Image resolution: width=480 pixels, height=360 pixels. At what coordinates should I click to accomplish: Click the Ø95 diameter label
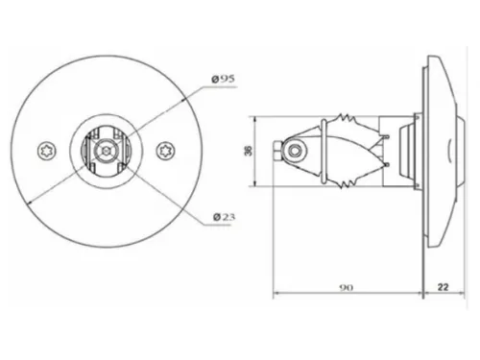[x=224, y=79]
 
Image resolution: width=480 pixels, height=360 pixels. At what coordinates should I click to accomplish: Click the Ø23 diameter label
[x=224, y=217]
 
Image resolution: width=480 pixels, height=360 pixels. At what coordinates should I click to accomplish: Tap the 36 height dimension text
[x=249, y=151]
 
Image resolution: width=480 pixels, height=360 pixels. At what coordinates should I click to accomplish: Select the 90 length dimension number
[x=347, y=288]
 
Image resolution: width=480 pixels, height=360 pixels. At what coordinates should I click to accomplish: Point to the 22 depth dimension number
[x=443, y=287]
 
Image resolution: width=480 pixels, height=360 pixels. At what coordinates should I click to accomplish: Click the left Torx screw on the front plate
[x=47, y=151]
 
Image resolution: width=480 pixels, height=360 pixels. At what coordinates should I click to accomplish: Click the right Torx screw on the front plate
[x=166, y=151]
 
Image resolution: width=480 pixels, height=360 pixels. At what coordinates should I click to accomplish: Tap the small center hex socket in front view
[x=106, y=150]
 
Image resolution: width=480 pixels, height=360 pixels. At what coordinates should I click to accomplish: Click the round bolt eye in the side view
[x=295, y=151]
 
